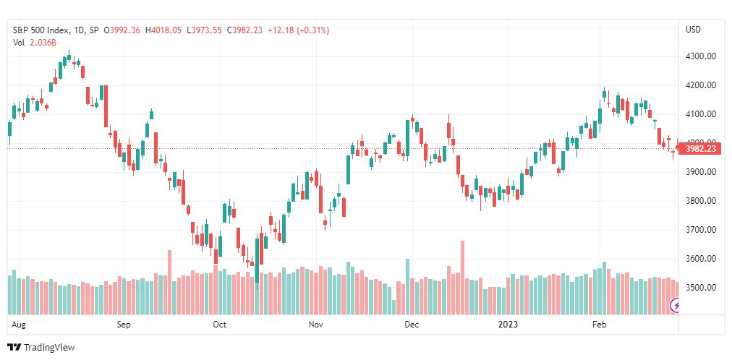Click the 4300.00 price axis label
pyautogui.click(x=701, y=56)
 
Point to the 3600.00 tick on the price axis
pyautogui.click(x=701, y=259)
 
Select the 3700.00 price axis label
pyautogui.click(x=701, y=230)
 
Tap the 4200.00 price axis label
pyautogui.click(x=701, y=85)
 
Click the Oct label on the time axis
pyautogui.click(x=219, y=325)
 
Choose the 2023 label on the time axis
pyautogui.click(x=508, y=325)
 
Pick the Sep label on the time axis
pyautogui.click(x=123, y=325)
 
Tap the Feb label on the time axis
pyautogui.click(x=598, y=325)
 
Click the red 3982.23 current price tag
pyautogui.click(x=703, y=149)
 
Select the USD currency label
pyautogui.click(x=693, y=30)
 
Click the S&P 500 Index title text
pyautogui.click(x=41, y=30)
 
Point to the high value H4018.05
pyautogui.click(x=164, y=30)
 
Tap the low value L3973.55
pyautogui.click(x=204, y=30)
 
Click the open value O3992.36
pyautogui.click(x=122, y=30)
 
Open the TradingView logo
pyautogui.click(x=41, y=348)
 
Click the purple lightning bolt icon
pyautogui.click(x=676, y=306)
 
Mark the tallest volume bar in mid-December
pyautogui.click(x=463, y=278)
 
